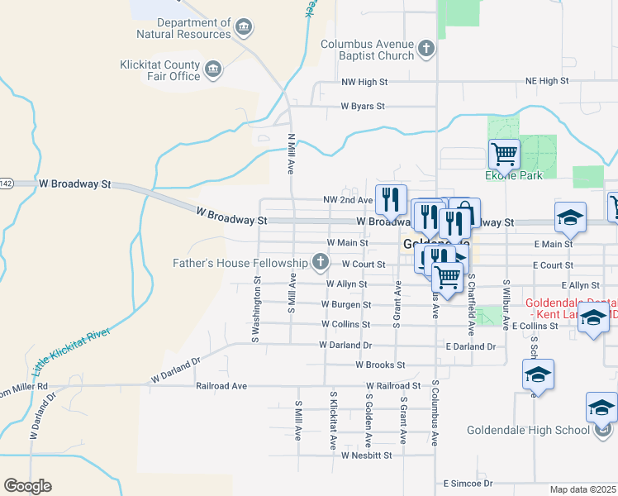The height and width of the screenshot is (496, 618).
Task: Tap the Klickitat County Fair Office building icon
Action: pos(213,70)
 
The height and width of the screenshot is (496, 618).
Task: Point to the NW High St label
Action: pos(364,83)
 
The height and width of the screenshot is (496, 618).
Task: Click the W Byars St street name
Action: pos(363,107)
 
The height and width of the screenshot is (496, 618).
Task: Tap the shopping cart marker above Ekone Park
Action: pos(504,154)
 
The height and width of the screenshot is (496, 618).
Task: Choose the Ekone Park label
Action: pos(507,175)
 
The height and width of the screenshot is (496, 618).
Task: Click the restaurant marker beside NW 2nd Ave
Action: pos(391,199)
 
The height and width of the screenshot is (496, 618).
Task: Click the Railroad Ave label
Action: pos(221,386)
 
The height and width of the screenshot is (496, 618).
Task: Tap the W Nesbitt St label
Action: pos(363,454)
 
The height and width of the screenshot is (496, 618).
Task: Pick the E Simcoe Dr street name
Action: pos(468,483)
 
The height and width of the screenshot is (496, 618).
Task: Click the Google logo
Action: pos(27,486)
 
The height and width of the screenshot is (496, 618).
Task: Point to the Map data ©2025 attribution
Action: pos(582,490)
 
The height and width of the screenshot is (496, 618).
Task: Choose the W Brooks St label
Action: pos(380,365)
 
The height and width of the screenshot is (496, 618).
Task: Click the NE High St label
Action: pos(547,81)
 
